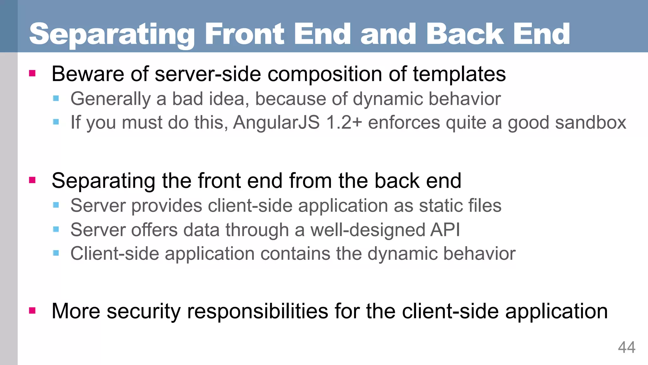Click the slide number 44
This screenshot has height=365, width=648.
click(626, 348)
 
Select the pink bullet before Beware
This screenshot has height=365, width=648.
click(32, 74)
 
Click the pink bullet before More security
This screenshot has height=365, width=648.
click(32, 311)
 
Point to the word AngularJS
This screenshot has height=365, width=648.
click(276, 122)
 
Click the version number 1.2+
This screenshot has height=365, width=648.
click(344, 122)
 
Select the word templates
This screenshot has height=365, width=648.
click(459, 74)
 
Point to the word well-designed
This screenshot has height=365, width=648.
click(368, 230)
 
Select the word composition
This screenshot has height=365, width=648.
click(325, 74)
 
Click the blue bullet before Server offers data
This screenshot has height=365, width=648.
click(56, 229)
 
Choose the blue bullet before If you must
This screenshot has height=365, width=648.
click(56, 122)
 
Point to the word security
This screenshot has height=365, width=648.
click(144, 311)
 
